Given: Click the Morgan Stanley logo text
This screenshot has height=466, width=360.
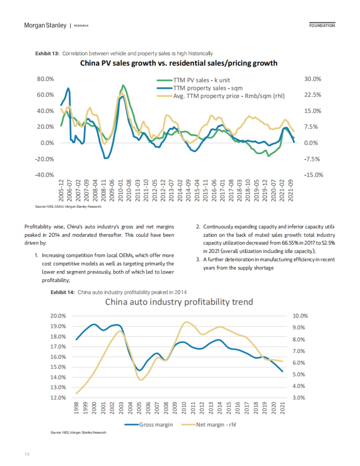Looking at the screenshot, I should point(45,25).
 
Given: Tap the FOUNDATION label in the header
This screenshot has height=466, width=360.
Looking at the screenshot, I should point(322,25).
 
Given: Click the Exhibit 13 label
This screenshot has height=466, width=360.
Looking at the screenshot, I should point(47,54).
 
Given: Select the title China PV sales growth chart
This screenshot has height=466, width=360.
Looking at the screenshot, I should point(178,63).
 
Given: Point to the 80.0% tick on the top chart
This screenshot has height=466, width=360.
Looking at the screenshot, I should point(45,79).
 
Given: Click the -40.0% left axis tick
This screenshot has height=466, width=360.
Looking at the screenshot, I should point(44,175).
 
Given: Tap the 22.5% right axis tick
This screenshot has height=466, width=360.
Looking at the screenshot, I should point(313,95).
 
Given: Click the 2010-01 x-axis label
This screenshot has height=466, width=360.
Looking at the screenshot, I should point(121,190).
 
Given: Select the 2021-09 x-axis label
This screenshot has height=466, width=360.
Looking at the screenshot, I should point(290,190).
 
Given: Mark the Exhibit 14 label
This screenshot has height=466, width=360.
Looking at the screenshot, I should point(62,292).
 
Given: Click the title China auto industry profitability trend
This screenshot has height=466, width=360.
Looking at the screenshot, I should point(179,302).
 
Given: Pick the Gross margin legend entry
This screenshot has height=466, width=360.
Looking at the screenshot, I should point(156,425).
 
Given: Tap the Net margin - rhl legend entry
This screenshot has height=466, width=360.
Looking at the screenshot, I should point(216,425).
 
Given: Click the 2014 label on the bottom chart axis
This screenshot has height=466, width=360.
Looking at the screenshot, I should point(220,408).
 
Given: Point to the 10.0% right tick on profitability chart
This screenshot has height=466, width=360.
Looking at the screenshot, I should point(300,316).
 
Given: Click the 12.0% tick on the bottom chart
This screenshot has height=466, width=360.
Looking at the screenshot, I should point(58,398).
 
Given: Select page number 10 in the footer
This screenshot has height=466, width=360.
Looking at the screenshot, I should point(27,454).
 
